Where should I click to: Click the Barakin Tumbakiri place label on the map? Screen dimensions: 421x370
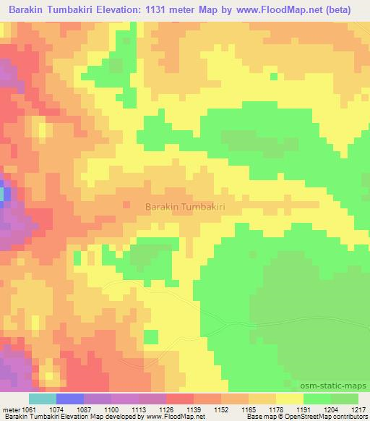(186, 207)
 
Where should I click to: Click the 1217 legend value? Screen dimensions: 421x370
(359, 409)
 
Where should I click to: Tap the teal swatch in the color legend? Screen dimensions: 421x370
(43, 399)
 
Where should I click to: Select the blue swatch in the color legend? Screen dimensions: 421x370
(70, 399)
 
